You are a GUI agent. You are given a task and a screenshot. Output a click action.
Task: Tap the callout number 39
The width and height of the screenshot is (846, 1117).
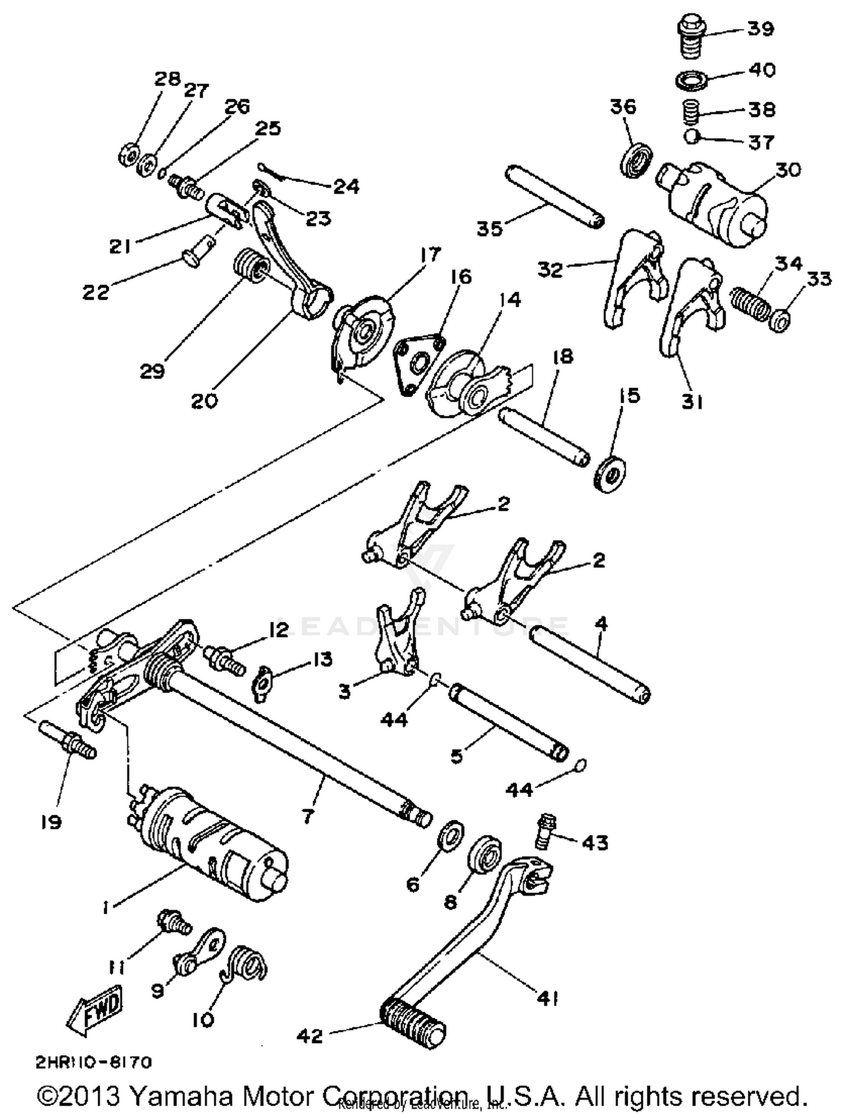click(x=761, y=28)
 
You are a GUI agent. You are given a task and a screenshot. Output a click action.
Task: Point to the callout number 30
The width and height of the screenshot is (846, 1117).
click(x=788, y=169)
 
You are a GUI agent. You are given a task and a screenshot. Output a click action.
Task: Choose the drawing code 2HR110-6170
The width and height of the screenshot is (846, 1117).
click(x=94, y=1063)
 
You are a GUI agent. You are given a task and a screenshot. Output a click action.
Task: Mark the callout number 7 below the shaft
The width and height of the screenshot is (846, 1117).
click(x=308, y=816)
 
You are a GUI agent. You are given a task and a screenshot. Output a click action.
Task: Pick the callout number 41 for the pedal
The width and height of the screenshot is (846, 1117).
click(x=547, y=999)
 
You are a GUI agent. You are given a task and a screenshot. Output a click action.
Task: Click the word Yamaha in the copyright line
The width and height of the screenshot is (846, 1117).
click(x=182, y=1097)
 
